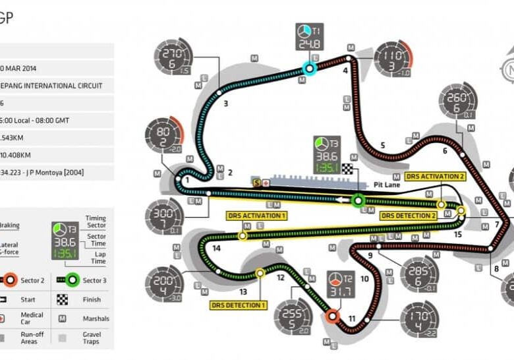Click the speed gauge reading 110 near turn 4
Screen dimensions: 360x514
pyautogui.click(x=393, y=60)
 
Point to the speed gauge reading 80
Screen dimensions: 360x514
pyautogui.click(x=163, y=135)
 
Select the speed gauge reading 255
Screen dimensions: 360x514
pyautogui.click(x=292, y=318)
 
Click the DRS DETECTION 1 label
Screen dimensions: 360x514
pyautogui.click(x=239, y=305)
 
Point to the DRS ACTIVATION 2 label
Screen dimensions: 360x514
pyautogui.click(x=435, y=177)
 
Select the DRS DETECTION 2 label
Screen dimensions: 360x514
pyautogui.click(x=409, y=216)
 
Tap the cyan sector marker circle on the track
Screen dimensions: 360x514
pyautogui.click(x=307, y=67)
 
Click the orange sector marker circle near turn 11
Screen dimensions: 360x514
pyautogui.click(x=333, y=316)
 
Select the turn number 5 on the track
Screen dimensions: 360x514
pyautogui.click(x=383, y=146)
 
